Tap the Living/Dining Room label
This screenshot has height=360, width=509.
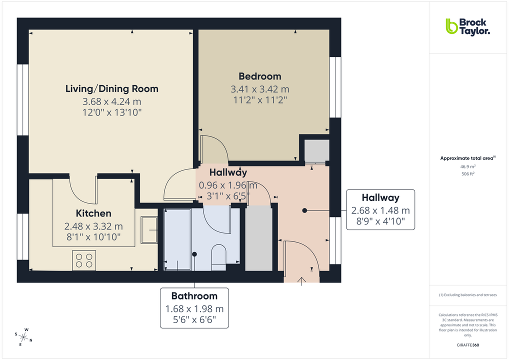pyautogui.click(x=112, y=89)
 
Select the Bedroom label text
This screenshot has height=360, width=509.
pyautogui.click(x=259, y=76)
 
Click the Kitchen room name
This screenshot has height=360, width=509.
pyautogui.click(x=93, y=213)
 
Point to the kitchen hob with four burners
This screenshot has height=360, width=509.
pyautogui.click(x=84, y=260)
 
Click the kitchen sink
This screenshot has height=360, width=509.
pyautogui.click(x=149, y=230)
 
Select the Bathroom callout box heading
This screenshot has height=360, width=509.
pyautogui.click(x=194, y=295)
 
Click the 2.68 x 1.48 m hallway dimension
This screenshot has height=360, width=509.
pyautogui.click(x=380, y=210)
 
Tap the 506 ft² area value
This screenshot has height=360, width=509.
pyautogui.click(x=467, y=173)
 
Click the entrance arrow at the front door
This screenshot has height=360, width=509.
pyautogui.click(x=301, y=280)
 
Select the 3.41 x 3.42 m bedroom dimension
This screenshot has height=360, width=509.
pyautogui.click(x=259, y=89)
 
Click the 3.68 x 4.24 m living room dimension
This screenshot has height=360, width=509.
pyautogui.click(x=112, y=102)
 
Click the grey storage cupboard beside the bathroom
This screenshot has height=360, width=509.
pyautogui.click(x=258, y=237)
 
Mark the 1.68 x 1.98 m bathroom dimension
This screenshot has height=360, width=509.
pyautogui.click(x=194, y=308)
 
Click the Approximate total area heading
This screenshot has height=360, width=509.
pyautogui.click(x=467, y=158)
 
